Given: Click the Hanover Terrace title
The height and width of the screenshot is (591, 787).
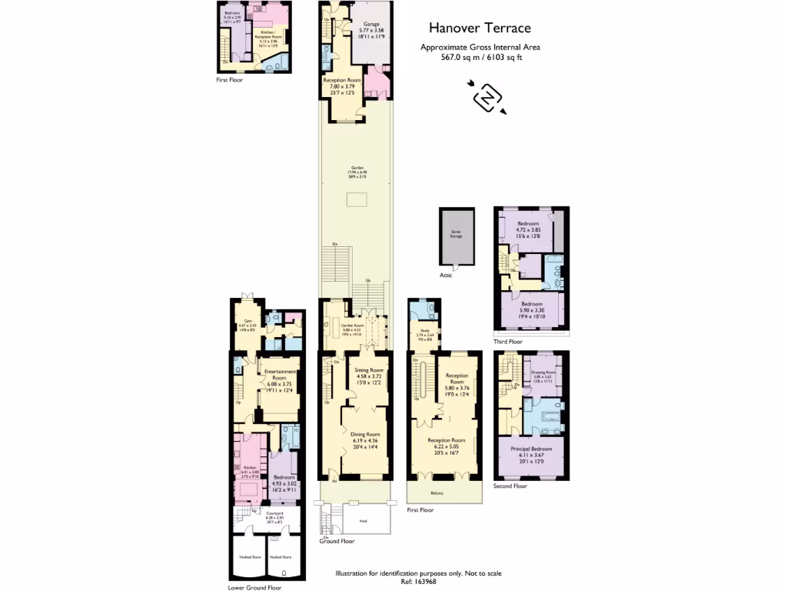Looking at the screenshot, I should click(x=480, y=28).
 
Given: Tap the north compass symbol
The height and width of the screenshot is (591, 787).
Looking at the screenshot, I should click(x=487, y=98).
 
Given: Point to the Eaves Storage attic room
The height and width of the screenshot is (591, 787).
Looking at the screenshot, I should click(x=456, y=235).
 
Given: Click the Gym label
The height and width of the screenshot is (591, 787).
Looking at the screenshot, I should click(x=248, y=321).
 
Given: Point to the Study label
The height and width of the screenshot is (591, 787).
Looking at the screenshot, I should click(x=423, y=332).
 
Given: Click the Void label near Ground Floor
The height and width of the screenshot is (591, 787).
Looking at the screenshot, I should click(x=363, y=519).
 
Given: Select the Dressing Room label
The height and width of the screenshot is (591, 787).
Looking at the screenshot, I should click(x=543, y=372).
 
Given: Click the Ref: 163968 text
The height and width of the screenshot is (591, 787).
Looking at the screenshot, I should click(x=418, y=583).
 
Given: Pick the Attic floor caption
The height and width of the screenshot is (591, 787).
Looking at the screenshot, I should click(x=446, y=275).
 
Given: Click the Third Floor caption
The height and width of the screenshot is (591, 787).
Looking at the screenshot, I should click(x=509, y=342).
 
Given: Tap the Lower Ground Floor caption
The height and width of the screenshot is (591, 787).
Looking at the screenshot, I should click(x=254, y=587).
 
